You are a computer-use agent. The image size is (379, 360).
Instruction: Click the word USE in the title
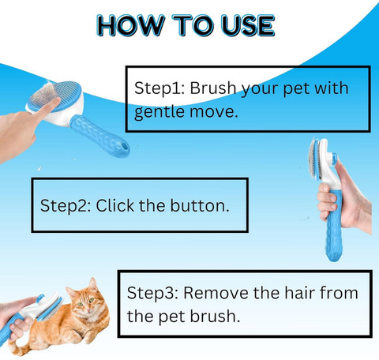point(248,25)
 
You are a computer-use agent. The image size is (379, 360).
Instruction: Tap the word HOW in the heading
point(131,25)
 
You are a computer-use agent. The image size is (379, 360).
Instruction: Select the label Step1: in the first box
point(159,88)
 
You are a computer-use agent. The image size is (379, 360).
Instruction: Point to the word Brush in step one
point(213,88)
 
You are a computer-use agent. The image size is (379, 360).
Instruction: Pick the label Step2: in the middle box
point(66,205)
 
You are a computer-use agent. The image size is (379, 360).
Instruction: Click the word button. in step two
point(200,205)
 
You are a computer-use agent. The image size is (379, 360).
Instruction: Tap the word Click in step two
point(115,205)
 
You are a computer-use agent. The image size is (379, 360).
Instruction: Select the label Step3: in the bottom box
point(152,293)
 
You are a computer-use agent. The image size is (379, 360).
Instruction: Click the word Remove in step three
point(216,293)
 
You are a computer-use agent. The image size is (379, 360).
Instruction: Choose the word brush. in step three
point(215,316)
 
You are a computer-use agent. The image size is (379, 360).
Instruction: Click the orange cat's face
point(85,303)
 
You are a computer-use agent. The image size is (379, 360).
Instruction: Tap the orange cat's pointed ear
point(93,284)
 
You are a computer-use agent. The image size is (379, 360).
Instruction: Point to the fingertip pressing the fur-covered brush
point(56,102)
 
